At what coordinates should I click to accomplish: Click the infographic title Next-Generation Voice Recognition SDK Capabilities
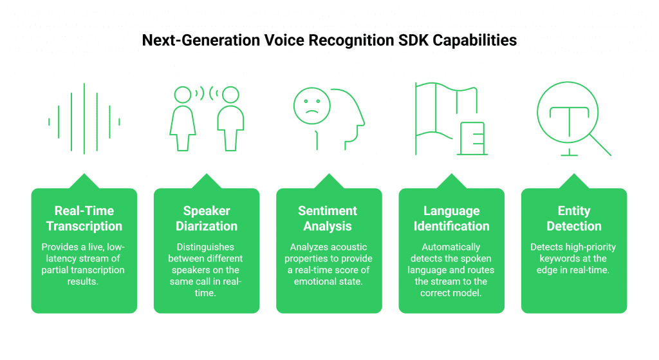329,41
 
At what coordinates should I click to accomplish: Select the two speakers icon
206,120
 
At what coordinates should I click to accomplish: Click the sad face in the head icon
311,106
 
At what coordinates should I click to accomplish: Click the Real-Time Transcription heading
84,218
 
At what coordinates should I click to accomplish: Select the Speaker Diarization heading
206,218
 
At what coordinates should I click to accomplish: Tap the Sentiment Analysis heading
329,218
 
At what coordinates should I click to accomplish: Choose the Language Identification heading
451,218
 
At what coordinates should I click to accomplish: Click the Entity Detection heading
573,218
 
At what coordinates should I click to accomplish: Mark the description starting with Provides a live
84,264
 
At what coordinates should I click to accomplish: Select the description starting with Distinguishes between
206,269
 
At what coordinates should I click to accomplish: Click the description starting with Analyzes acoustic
329,264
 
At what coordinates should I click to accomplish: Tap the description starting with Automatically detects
451,269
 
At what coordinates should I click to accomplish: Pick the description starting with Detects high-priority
573,258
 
